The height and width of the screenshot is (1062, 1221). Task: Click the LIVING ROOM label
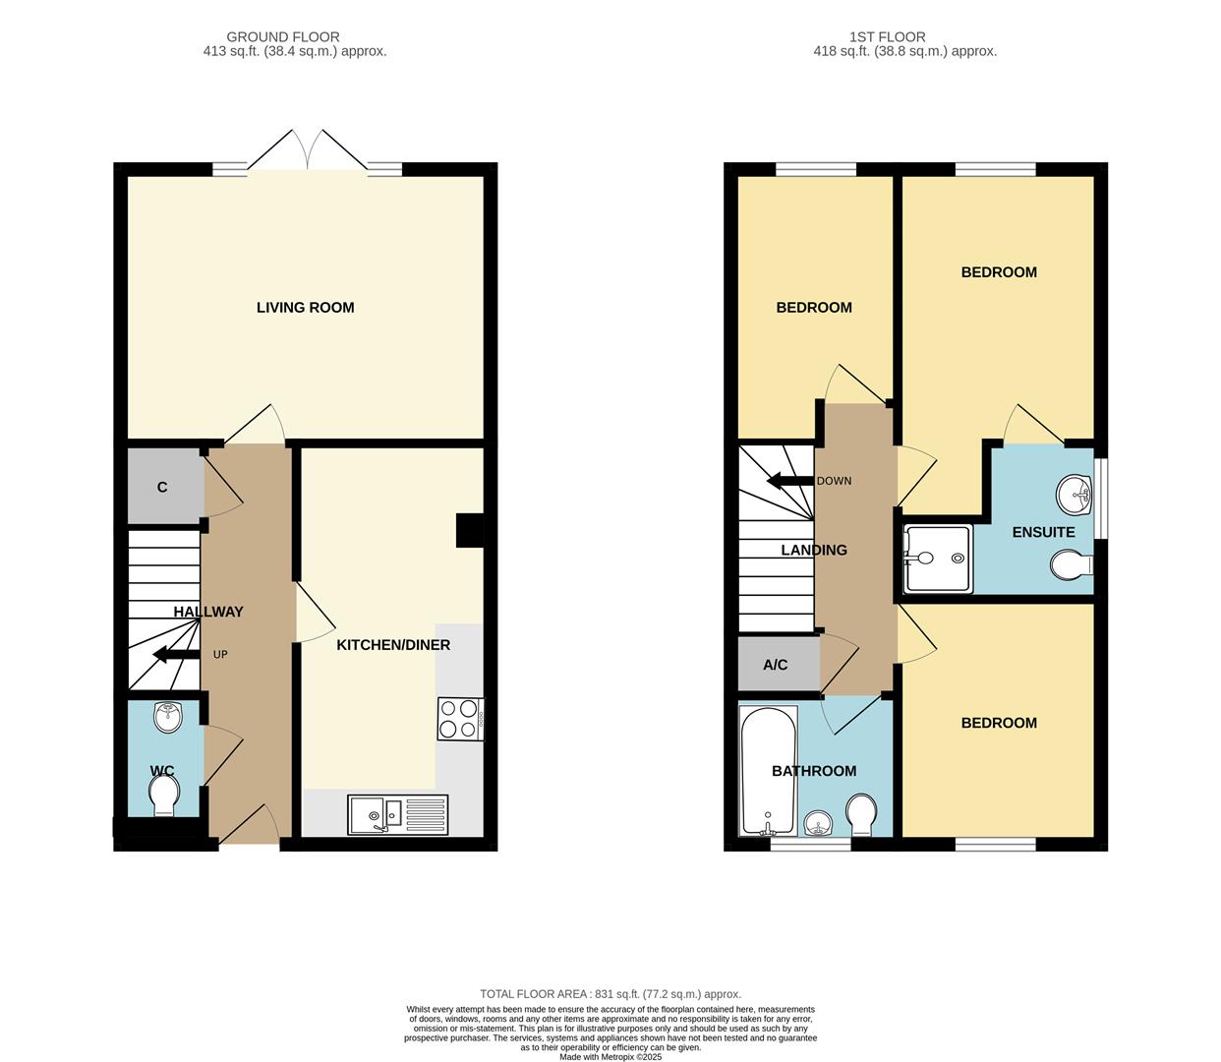(x=305, y=308)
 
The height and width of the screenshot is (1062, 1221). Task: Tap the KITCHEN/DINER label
(x=393, y=645)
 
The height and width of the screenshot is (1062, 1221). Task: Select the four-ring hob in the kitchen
(x=461, y=719)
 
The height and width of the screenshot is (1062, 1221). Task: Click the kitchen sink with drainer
(x=397, y=814)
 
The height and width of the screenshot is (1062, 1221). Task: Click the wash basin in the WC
(x=168, y=716)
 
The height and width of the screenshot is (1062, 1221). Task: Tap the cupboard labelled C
(x=162, y=487)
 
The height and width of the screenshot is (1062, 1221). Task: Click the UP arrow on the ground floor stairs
(x=176, y=655)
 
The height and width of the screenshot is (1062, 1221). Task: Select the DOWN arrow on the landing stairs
(x=790, y=481)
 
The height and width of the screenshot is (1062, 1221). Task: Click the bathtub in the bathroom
(x=768, y=771)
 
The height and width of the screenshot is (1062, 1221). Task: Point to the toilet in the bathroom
(x=862, y=814)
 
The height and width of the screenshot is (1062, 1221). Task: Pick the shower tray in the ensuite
(x=938, y=559)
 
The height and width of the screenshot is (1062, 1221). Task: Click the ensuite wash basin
(x=1075, y=494)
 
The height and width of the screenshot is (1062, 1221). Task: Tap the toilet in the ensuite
(x=1072, y=564)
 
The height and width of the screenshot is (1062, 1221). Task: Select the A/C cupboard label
(x=776, y=665)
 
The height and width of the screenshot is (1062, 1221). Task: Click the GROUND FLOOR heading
(x=283, y=37)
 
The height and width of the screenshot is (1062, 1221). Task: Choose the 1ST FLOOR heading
(x=888, y=37)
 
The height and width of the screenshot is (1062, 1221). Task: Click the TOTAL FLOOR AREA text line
(x=610, y=994)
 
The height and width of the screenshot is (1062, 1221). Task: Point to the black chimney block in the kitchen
(x=470, y=530)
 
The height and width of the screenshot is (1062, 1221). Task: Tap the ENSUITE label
(x=1044, y=532)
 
